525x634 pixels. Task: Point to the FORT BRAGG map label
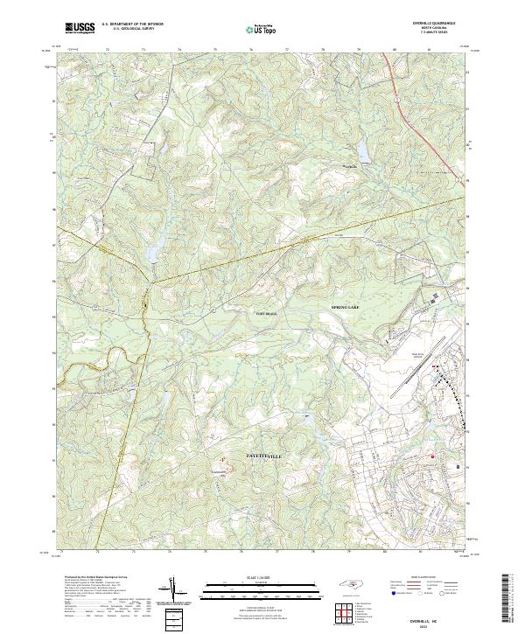(265, 313)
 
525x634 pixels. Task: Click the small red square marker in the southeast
(430, 456)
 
